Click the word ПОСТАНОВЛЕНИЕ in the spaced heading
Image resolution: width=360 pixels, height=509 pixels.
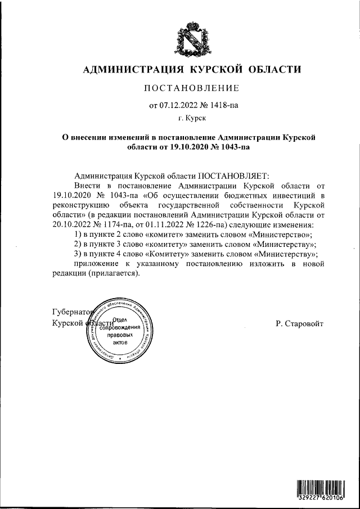pos(192,88)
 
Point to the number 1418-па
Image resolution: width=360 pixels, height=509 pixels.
pos(220,104)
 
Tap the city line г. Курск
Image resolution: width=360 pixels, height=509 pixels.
pos(191,118)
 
